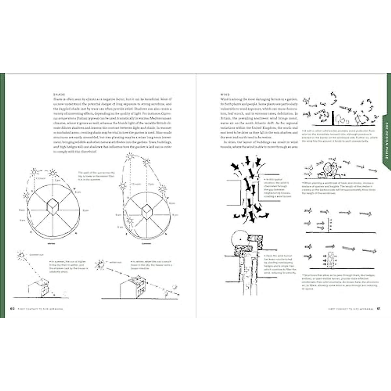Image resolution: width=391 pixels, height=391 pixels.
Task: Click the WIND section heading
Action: [x=225, y=94]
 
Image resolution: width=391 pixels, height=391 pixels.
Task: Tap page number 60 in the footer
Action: [x=13, y=309]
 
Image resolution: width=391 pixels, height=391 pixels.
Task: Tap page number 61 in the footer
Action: [x=379, y=309]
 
